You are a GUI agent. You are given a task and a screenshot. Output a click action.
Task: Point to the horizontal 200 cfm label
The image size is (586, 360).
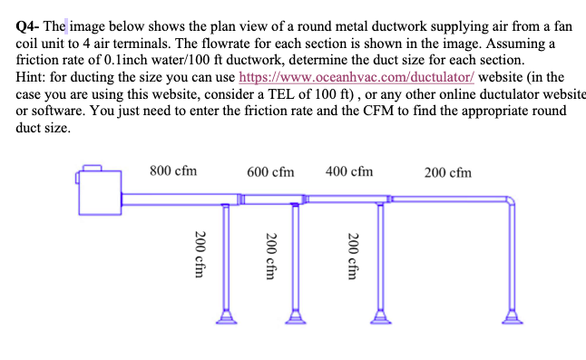pos(447,172)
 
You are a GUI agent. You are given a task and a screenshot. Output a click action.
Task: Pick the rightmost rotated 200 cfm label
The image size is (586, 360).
pos(355,261)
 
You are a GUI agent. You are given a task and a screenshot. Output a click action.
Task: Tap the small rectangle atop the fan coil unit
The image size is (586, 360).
pos(93,166)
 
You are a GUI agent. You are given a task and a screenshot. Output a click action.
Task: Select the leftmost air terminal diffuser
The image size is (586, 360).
pos(226,316)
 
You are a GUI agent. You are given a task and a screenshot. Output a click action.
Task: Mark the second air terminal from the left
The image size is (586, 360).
pos(296,316)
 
